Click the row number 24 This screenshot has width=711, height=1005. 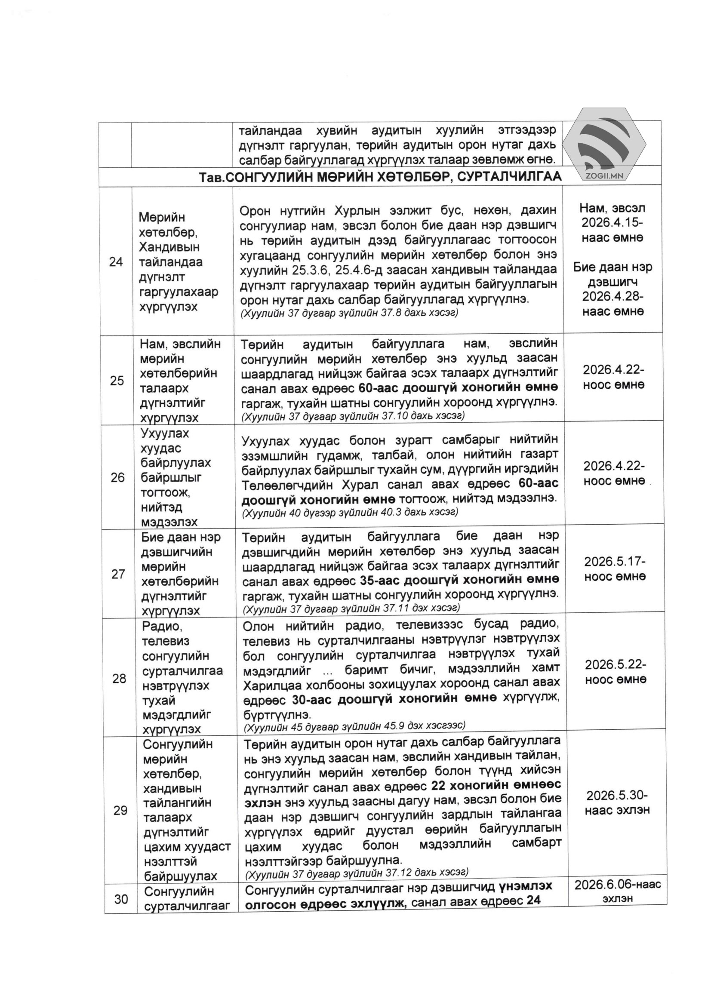click(116, 262)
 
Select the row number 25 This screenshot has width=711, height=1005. click(117, 381)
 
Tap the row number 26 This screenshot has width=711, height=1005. click(117, 477)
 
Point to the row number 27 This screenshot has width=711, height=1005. click(118, 573)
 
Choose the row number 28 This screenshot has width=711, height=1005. click(119, 679)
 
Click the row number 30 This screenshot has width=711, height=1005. click(121, 899)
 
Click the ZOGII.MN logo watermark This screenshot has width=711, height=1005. click(604, 147)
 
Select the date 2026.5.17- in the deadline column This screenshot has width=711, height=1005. click(615, 561)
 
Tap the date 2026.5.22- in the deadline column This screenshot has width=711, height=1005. click(616, 664)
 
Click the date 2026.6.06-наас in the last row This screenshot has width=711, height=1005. click(618, 885)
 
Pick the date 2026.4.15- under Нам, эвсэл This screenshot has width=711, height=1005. click(612, 222)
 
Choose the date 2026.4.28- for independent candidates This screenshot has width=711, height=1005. click(613, 296)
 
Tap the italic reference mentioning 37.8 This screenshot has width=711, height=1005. click(349, 313)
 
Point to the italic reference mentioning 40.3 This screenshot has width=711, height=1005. click(350, 512)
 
